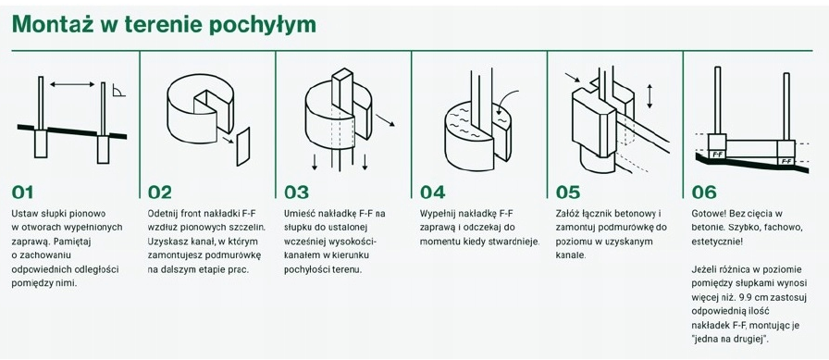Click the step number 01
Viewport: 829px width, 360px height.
coord(22,192)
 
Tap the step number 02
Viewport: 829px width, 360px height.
coord(160,192)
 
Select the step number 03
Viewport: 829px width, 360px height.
coord(296,192)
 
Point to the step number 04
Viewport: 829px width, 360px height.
coord(432,192)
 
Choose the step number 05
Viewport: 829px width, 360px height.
coord(568,192)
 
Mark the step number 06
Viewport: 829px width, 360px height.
coord(704,192)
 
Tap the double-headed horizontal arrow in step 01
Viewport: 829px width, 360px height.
coord(72,83)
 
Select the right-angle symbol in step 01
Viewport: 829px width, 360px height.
coord(119,91)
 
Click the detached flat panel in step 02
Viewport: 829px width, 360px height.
coord(243,146)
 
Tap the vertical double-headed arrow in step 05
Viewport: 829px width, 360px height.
coord(650,95)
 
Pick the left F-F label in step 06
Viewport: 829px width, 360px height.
coord(717,155)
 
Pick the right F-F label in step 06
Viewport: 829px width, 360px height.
coord(786,161)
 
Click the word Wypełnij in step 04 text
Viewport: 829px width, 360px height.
coord(437,215)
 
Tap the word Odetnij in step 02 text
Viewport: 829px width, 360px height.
coord(162,214)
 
